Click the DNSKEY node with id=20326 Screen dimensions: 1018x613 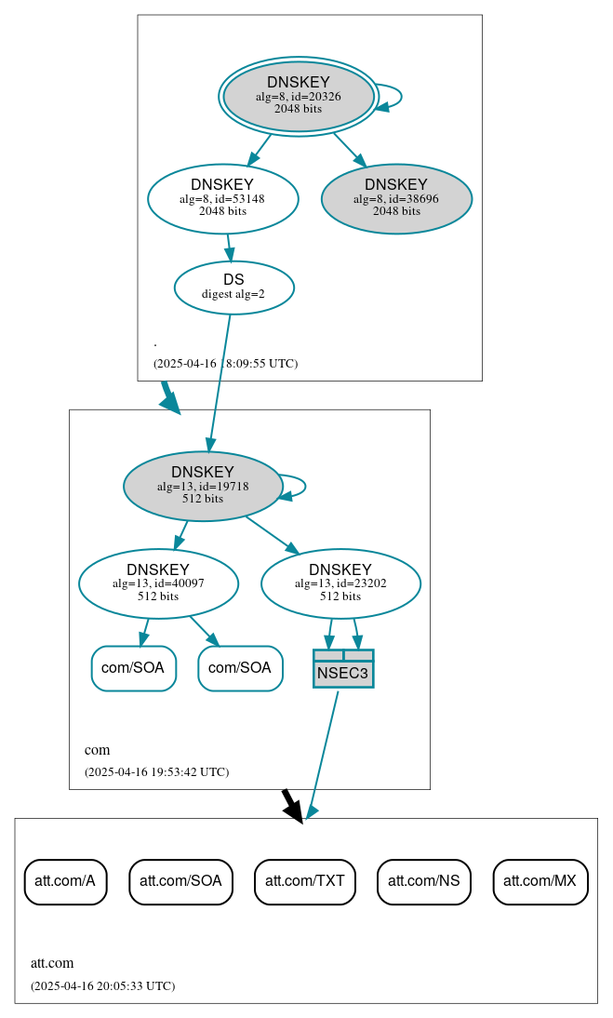299,96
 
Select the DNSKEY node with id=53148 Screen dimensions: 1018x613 222,198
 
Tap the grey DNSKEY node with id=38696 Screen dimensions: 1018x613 396,198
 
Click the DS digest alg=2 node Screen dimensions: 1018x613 233,287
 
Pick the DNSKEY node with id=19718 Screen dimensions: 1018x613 203,486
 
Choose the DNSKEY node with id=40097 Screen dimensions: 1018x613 158,583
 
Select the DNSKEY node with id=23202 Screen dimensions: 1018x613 340,583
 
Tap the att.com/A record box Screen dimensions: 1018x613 65,880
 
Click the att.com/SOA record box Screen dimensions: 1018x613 180,880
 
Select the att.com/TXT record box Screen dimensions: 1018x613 305,880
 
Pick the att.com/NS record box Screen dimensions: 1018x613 424,880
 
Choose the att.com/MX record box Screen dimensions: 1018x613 540,880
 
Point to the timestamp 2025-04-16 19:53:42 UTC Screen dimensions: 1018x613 156,771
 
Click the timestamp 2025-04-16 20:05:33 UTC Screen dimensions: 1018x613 102,985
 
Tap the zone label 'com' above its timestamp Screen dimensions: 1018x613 97,750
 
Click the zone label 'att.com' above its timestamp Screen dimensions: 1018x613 52,963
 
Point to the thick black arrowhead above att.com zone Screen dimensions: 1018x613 294,811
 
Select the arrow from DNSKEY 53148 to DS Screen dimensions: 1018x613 229,248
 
